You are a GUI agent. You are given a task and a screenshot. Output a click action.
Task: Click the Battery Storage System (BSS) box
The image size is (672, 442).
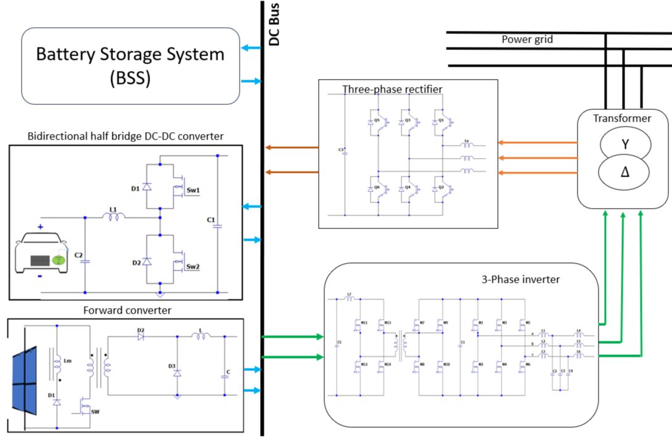(x=130, y=65)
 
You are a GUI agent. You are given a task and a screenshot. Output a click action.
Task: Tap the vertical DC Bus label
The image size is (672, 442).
(x=275, y=25)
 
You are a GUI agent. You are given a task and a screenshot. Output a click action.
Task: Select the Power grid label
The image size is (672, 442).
(x=527, y=40)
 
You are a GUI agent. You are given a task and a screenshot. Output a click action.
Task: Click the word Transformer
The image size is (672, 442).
(x=622, y=118)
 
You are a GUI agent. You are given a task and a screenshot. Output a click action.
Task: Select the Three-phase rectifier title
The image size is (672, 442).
(x=392, y=90)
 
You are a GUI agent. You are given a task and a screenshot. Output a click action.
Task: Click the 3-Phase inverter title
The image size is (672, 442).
(x=520, y=279)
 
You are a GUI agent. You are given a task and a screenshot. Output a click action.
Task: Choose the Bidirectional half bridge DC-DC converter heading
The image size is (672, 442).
(x=126, y=136)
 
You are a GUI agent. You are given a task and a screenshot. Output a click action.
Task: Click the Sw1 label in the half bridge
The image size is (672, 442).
(x=193, y=190)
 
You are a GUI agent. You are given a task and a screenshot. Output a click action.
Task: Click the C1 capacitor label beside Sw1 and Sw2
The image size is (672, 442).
(x=211, y=219)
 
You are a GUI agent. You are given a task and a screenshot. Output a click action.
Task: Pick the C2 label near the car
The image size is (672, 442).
(x=78, y=254)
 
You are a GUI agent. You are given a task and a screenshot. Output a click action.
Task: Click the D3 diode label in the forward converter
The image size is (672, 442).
(x=172, y=366)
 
